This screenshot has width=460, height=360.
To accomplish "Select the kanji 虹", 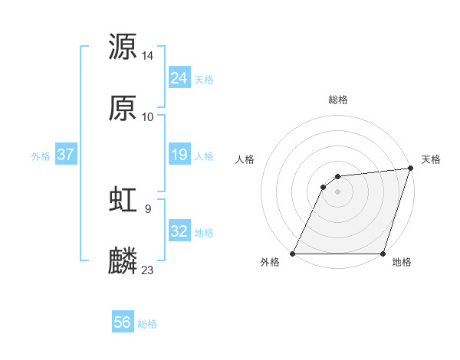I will coord(123,199).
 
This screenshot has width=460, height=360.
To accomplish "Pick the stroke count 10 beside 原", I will coord(148,117).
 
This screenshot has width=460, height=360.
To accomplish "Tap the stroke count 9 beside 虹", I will coord(147,207).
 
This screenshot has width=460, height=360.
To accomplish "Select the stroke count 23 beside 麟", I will coord(148,270).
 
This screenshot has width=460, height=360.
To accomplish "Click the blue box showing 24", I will coord(179,78).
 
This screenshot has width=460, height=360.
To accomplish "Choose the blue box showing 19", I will coord(179,155).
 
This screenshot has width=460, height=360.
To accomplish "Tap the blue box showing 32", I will coord(179,231).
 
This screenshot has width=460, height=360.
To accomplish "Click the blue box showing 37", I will coord(65,155).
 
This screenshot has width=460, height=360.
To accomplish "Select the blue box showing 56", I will coord(123,322).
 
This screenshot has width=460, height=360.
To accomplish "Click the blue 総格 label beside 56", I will coord(147,324).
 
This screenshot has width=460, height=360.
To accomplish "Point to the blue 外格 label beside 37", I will coord(41,155).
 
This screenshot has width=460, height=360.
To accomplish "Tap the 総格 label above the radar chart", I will coord(337,100).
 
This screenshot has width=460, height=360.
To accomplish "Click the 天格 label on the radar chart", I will coord(431,159).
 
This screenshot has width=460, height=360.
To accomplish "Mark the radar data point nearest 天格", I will coord(411,169).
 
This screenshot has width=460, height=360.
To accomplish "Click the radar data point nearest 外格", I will coord(293,254).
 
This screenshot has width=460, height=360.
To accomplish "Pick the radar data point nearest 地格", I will coord(383,254).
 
